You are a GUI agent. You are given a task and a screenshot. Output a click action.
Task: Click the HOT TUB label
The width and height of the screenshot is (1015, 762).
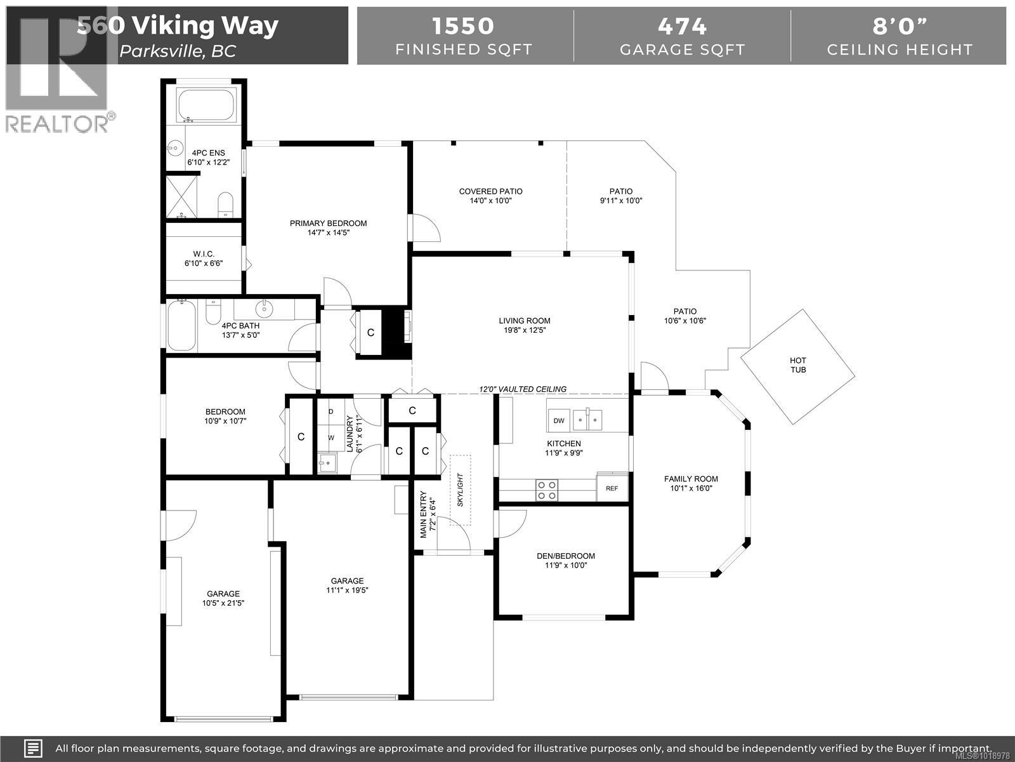click(798, 365)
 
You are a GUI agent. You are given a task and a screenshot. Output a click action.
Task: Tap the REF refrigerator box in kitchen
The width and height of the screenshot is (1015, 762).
click(612, 488)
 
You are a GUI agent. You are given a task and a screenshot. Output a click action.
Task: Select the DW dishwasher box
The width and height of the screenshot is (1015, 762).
click(559, 420)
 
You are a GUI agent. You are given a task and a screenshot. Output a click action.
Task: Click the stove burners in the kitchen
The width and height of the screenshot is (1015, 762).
click(547, 490)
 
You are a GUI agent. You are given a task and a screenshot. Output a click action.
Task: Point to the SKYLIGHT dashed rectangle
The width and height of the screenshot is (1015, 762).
click(461, 490)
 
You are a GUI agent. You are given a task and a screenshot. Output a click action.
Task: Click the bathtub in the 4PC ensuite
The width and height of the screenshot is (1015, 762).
click(206, 105)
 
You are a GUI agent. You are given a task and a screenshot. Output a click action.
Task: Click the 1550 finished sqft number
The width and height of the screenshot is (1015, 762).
click(463, 26)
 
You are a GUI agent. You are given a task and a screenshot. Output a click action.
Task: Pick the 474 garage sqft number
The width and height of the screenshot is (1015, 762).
click(682, 26)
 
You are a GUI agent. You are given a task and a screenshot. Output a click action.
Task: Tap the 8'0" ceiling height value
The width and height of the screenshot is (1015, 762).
click(899, 26)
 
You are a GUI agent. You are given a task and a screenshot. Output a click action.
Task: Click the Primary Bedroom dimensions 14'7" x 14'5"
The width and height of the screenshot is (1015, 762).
click(328, 232)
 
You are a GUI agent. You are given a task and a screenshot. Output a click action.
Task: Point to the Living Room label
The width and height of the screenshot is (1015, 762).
click(524, 321)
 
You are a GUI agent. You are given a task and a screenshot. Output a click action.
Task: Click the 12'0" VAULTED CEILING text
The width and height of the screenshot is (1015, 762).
click(523, 389)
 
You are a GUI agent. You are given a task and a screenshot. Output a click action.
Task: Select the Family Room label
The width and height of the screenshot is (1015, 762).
click(691, 479)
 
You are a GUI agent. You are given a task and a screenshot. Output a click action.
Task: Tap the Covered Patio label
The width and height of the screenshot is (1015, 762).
click(490, 191)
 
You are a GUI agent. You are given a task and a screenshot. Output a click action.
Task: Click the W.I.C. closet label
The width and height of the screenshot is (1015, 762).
click(204, 253)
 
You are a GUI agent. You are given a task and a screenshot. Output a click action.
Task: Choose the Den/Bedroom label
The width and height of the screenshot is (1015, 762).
click(565, 556)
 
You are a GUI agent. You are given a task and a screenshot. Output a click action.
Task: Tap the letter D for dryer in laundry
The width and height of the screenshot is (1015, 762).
click(331, 411)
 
